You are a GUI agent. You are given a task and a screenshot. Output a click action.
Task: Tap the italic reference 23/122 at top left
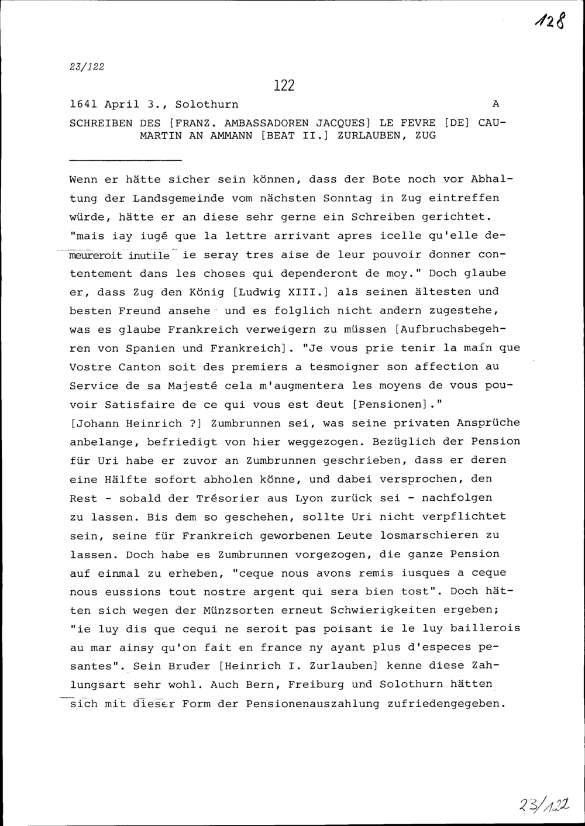click(87, 67)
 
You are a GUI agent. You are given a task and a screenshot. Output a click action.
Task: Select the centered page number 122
click(284, 85)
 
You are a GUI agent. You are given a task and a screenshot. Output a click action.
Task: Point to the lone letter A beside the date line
click(495, 105)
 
